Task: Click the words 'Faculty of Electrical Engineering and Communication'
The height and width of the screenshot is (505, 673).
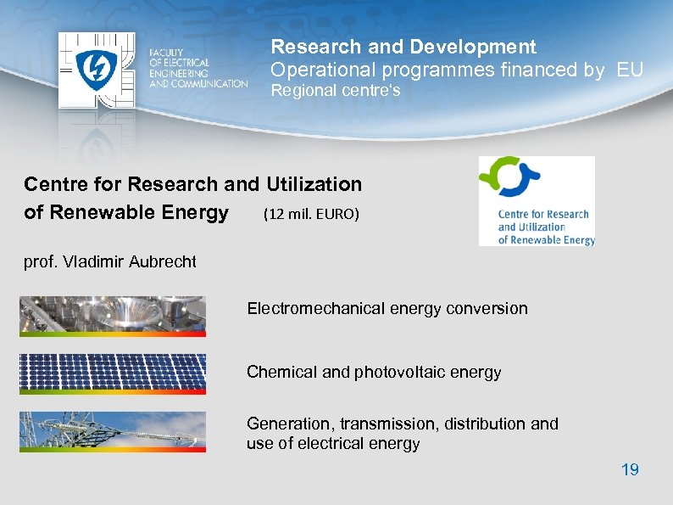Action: (x=198, y=69)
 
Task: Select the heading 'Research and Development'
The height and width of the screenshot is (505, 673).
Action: (x=403, y=47)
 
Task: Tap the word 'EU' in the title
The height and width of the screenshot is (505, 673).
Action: (x=630, y=70)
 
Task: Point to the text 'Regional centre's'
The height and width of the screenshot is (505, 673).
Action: (x=335, y=91)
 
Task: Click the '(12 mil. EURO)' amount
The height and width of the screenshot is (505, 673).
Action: (x=311, y=214)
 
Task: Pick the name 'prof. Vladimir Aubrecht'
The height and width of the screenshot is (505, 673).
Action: (x=110, y=261)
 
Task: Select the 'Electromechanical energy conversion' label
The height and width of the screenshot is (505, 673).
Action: (x=387, y=308)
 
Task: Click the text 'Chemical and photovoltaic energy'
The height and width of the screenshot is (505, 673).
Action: (x=374, y=372)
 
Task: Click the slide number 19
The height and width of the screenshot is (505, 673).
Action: (x=630, y=469)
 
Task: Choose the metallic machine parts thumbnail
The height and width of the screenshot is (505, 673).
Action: (x=112, y=315)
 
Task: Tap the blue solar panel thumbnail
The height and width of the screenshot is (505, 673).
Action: (x=112, y=373)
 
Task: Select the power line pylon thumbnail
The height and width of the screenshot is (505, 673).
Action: (x=112, y=430)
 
